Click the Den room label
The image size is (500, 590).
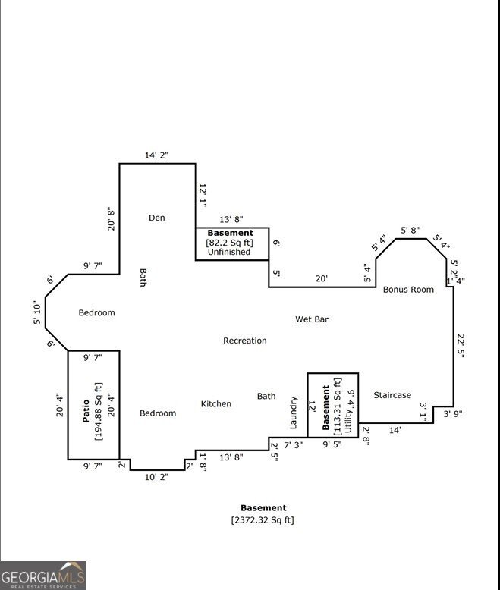pyautogui.click(x=156, y=218)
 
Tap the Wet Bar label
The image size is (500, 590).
pyautogui.click(x=311, y=319)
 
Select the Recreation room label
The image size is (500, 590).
pyautogui.click(x=244, y=341)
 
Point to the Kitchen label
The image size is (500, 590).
pyautogui.click(x=215, y=403)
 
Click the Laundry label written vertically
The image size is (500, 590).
pyautogui.click(x=294, y=413)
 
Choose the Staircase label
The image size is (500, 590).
pyautogui.click(x=392, y=395)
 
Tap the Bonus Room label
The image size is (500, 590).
pyautogui.click(x=408, y=289)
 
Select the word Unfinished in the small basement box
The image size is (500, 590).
pyautogui.click(x=229, y=252)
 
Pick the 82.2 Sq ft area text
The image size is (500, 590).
pyautogui.click(x=230, y=243)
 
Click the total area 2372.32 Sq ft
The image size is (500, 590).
pyautogui.click(x=263, y=519)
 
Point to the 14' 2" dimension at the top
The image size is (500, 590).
pyautogui.click(x=156, y=155)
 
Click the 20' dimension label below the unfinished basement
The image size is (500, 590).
pyautogui.click(x=322, y=278)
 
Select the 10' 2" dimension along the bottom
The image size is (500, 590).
pyautogui.click(x=156, y=477)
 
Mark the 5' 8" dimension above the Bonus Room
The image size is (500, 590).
pyautogui.click(x=410, y=229)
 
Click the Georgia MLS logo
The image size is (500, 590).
pyautogui.click(x=43, y=575)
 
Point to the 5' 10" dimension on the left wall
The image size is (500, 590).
pyautogui.click(x=37, y=312)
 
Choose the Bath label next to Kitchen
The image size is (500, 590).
pyautogui.click(x=266, y=396)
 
